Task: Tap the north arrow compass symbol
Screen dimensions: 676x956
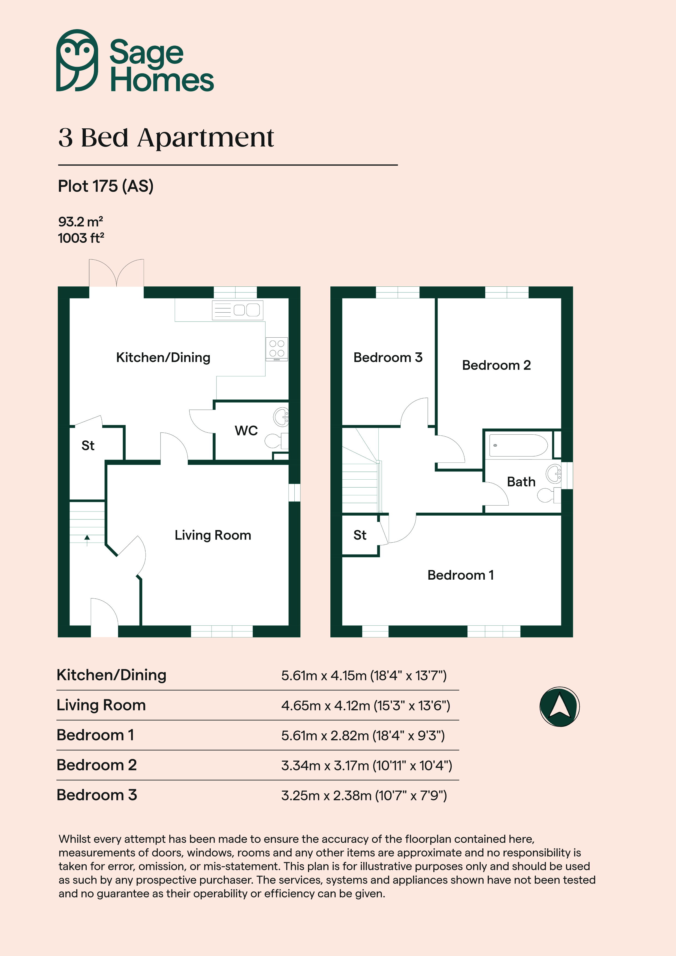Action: [559, 707]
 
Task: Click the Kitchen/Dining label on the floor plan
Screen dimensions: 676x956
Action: [163, 357]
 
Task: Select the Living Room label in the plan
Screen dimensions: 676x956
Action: [213, 535]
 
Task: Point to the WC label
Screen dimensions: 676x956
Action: [246, 431]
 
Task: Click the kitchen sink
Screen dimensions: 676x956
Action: [237, 310]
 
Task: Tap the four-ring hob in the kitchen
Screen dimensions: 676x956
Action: [277, 349]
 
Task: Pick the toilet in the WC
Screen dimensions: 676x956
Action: [276, 440]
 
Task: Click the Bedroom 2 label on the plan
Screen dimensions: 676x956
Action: [496, 365]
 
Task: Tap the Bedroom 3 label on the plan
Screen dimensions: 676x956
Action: [388, 357]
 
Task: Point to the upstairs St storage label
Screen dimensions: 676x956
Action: [360, 535]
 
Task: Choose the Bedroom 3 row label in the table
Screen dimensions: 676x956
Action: [97, 795]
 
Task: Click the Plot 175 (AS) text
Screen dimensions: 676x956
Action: [105, 186]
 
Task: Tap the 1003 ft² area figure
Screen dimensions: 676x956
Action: [81, 238]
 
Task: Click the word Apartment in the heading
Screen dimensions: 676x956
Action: [206, 138]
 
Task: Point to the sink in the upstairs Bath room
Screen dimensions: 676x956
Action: [554, 474]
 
